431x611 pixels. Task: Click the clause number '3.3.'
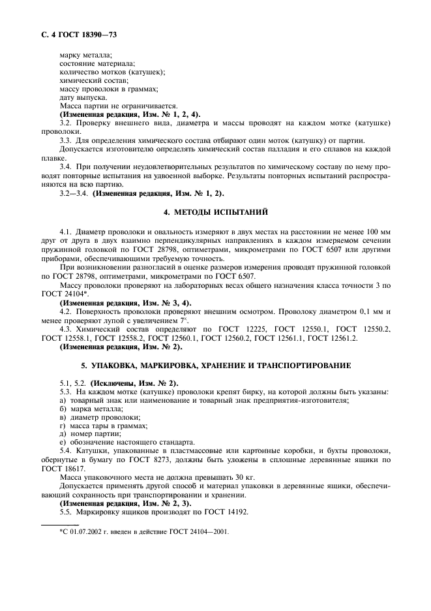tap(66, 140)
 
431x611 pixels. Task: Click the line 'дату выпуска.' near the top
tap(79, 97)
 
